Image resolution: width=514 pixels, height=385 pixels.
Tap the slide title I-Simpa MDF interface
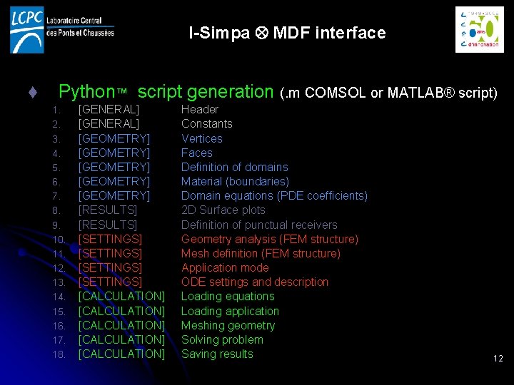(287, 33)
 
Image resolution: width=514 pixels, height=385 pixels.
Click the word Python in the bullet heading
(86, 92)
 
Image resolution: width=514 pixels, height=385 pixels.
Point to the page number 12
(498, 359)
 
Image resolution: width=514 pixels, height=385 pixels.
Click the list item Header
(199, 110)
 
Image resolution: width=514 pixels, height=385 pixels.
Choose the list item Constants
(206, 124)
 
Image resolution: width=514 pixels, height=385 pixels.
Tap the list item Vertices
(201, 138)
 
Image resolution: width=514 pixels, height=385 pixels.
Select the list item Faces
(196, 153)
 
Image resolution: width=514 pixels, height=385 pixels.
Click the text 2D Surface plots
(223, 210)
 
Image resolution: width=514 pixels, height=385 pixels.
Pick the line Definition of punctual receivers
(259, 225)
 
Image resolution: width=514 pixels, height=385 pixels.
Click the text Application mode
(225, 268)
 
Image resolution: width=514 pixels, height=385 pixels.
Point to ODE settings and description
(255, 282)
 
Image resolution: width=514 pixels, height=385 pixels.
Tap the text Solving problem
(222, 340)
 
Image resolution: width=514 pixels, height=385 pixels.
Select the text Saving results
(217, 354)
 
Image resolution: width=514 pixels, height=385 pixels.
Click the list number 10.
(59, 240)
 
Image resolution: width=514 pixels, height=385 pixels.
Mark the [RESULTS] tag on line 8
(107, 210)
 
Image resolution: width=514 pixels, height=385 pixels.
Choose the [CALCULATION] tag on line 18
(121, 354)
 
